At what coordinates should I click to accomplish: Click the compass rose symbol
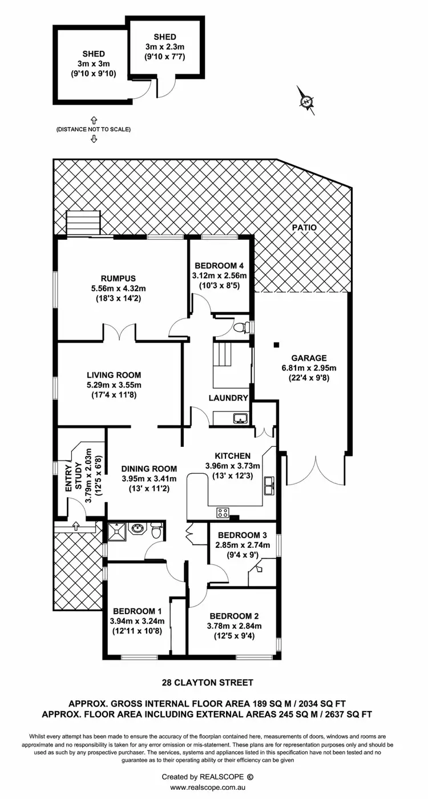click(308, 101)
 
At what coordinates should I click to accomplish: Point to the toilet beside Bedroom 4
click(246, 328)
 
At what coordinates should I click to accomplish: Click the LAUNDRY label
click(228, 398)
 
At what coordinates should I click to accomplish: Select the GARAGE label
click(309, 358)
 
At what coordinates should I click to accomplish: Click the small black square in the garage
click(276, 345)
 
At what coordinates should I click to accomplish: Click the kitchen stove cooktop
click(221, 512)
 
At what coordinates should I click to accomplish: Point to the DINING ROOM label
click(149, 469)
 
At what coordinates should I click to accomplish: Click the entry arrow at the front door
click(75, 525)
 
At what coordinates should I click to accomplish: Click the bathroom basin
click(137, 529)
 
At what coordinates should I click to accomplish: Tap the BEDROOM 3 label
click(242, 535)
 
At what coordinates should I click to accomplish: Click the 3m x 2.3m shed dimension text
click(165, 47)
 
